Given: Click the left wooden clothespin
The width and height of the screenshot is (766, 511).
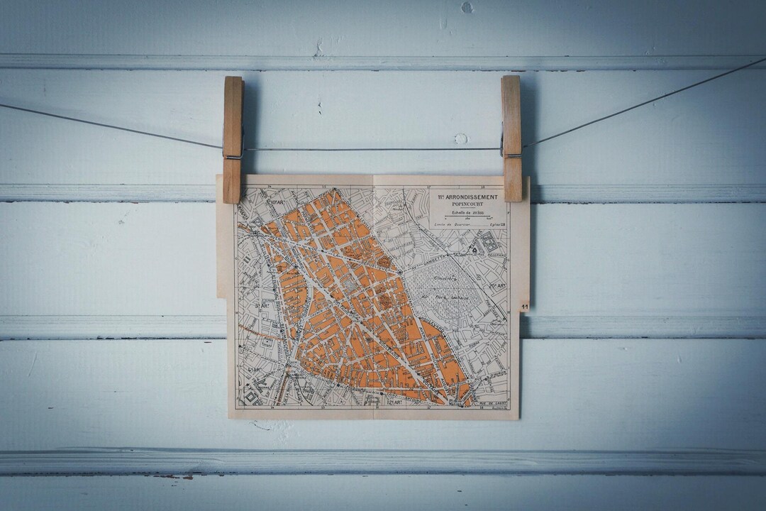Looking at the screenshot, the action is pyautogui.click(x=233, y=139).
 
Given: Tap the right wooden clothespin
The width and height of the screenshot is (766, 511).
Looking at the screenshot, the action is pyautogui.click(x=511, y=138).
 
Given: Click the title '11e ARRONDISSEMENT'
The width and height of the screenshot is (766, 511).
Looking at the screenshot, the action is pyautogui.click(x=468, y=196).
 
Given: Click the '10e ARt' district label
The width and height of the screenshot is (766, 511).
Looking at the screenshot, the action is pyautogui.click(x=275, y=202).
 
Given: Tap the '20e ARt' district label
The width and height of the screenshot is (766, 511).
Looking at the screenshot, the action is pyautogui.click(x=496, y=285).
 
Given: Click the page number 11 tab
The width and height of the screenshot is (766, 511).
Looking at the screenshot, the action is pyautogui.click(x=524, y=307).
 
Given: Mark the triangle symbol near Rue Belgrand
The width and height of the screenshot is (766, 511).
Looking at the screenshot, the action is pyautogui.click(x=474, y=251).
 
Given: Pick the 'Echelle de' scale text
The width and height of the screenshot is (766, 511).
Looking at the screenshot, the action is pyautogui.click(x=460, y=212).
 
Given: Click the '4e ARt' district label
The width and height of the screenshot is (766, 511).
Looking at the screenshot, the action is pyautogui.click(x=253, y=370).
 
